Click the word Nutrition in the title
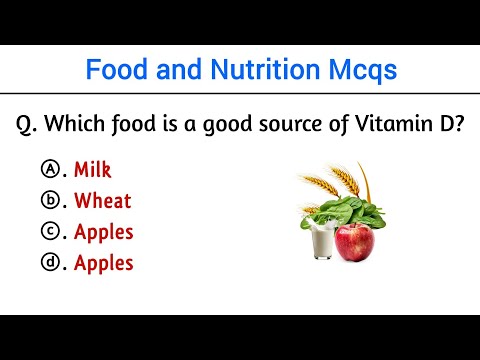244,70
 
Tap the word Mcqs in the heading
357,70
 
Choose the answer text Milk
92,169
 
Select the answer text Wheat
102,200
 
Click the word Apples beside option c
103,232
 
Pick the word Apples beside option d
103,263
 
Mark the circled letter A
49,169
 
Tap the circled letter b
49,200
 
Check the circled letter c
49,232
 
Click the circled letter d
49,263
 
